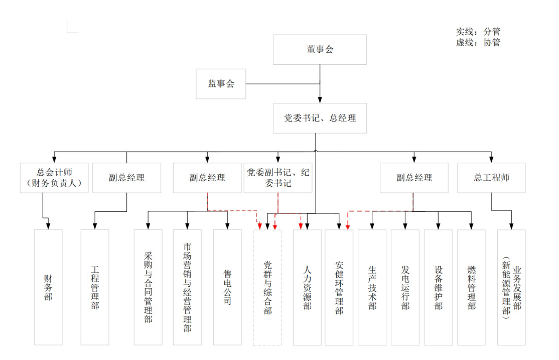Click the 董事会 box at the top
pyautogui.click(x=320, y=50)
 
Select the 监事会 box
pyautogui.click(x=221, y=84)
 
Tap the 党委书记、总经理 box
pyautogui.click(x=320, y=118)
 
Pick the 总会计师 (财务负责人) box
pyautogui.click(x=54, y=178)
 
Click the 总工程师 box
pyautogui.click(x=491, y=178)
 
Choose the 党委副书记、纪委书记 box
pyautogui.click(x=278, y=178)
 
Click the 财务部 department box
pyautogui.click(x=48, y=287)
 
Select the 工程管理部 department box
pyautogui.click(x=95, y=287)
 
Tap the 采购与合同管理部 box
pyautogui.click(x=148, y=287)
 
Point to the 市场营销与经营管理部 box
pyautogui.click(x=187, y=287)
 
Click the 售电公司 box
pyautogui.click(x=227, y=287)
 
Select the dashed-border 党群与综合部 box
pyautogui.click(x=267, y=287)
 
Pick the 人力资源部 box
pyautogui.click(x=307, y=287)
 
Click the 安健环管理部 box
pyautogui.click(x=339, y=287)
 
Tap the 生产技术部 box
pyautogui.click(x=372, y=287)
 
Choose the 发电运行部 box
pyautogui.click(x=405, y=287)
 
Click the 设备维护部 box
pyautogui.click(x=438, y=287)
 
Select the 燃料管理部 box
pyautogui.click(x=471, y=287)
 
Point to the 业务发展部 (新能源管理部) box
pyautogui.click(x=511, y=287)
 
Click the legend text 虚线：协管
pyautogui.click(x=478, y=43)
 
